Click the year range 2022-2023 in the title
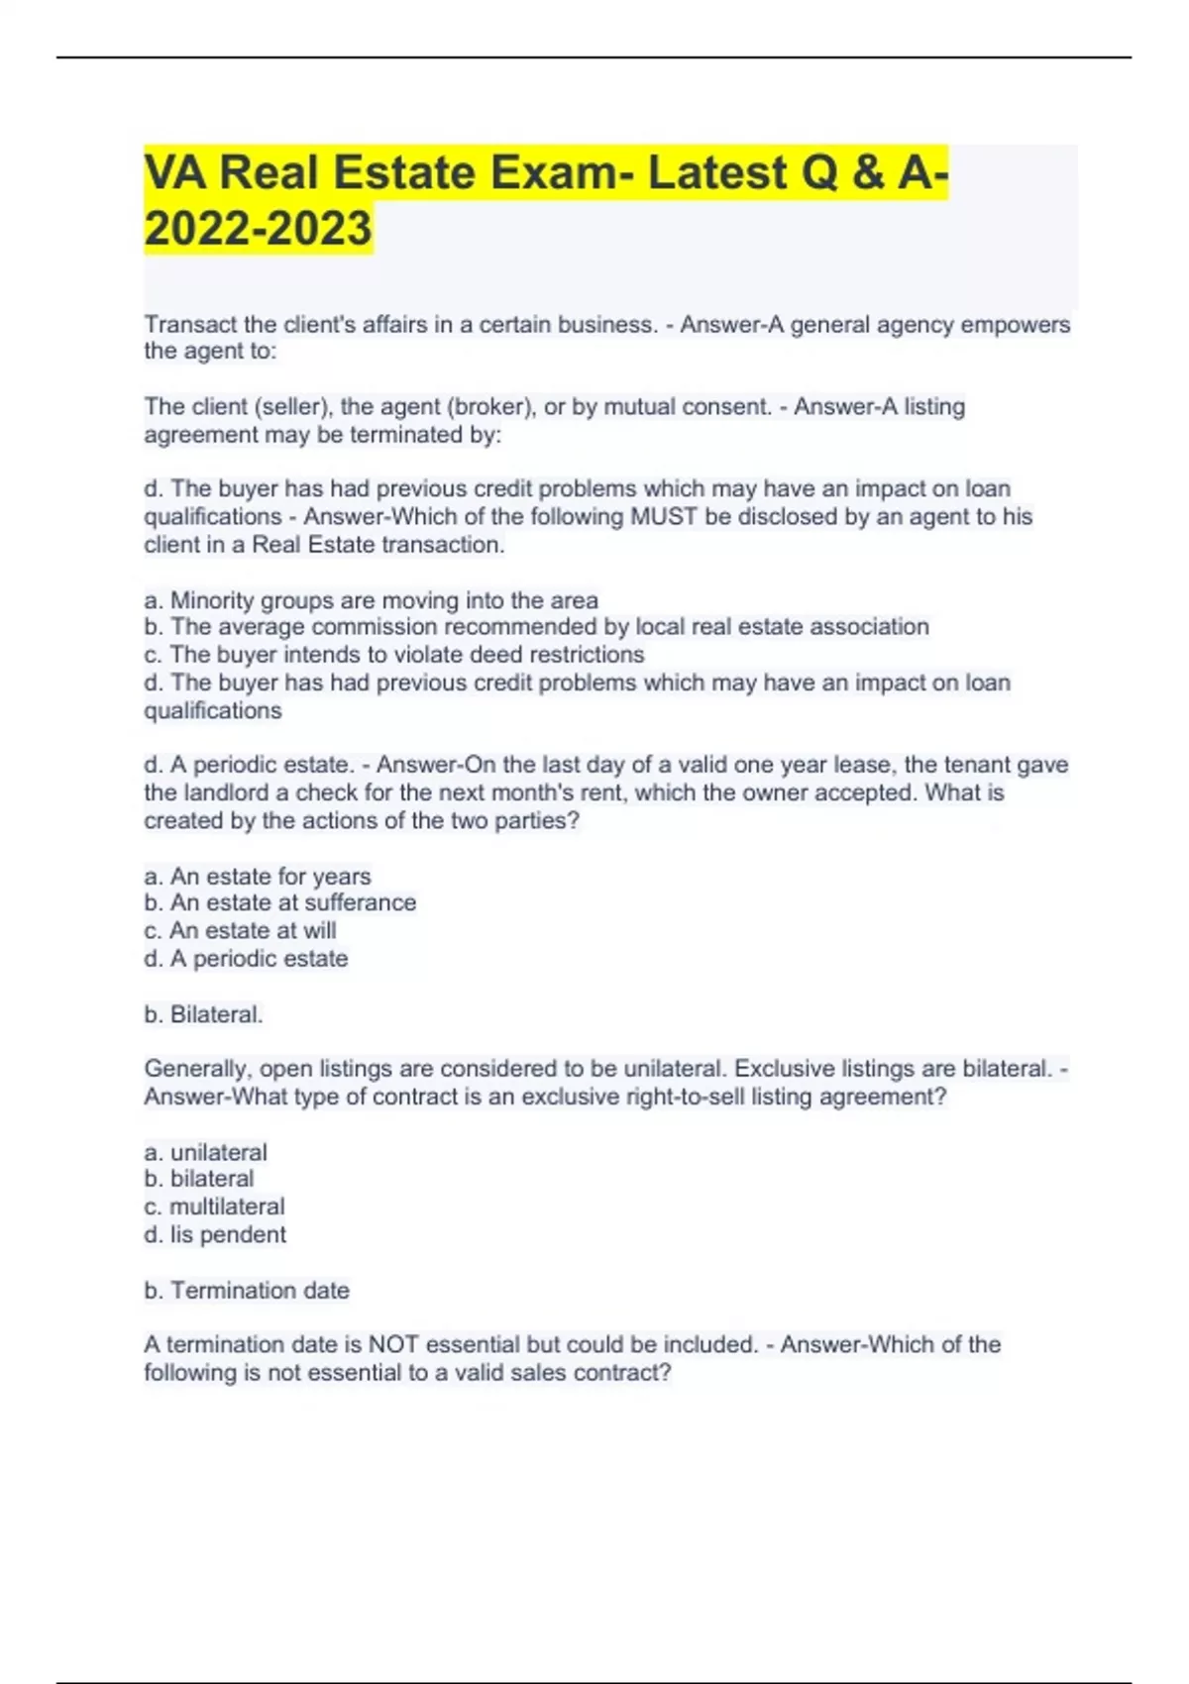(x=258, y=228)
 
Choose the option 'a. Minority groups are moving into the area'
(x=371, y=600)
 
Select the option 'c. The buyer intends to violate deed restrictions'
(x=393, y=655)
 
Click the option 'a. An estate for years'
(x=258, y=877)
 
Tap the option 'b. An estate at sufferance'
(x=279, y=903)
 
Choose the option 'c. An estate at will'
(x=240, y=931)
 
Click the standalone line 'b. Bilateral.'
(x=203, y=1014)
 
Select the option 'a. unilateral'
(x=205, y=1152)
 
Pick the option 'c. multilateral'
(x=214, y=1207)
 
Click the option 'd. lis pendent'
(x=215, y=1234)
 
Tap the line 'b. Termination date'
(x=247, y=1291)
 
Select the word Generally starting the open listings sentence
(x=195, y=1070)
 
